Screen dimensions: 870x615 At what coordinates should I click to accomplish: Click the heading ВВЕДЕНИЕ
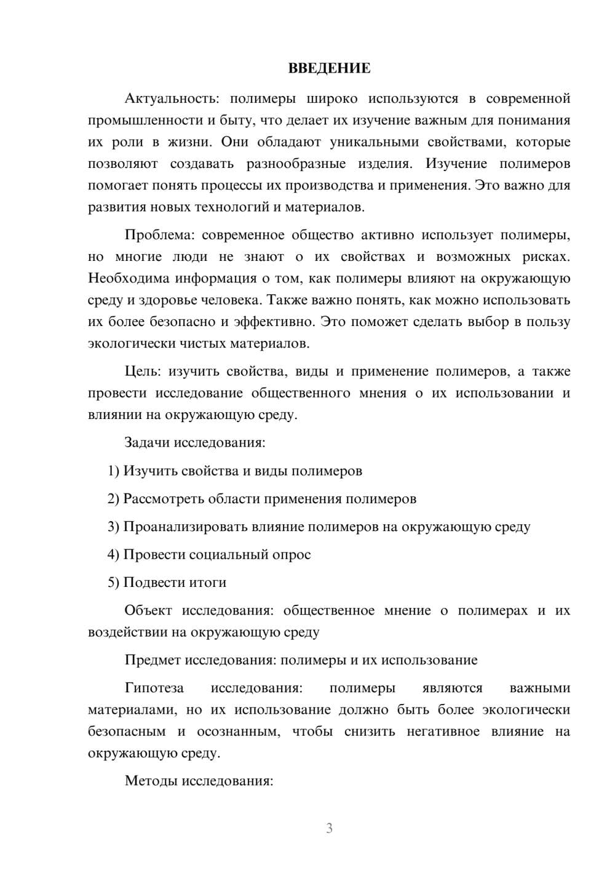tap(329, 68)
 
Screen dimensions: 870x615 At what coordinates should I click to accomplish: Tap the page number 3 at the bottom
tap(329, 828)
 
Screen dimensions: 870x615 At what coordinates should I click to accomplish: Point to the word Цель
tap(143, 372)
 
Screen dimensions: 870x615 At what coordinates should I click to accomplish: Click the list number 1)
tap(114, 471)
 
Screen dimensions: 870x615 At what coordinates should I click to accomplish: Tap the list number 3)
tap(114, 527)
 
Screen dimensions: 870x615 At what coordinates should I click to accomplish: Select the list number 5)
tap(114, 583)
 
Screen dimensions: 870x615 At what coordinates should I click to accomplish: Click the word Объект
tap(148, 611)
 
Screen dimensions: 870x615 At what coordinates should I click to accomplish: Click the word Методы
tap(148, 781)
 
